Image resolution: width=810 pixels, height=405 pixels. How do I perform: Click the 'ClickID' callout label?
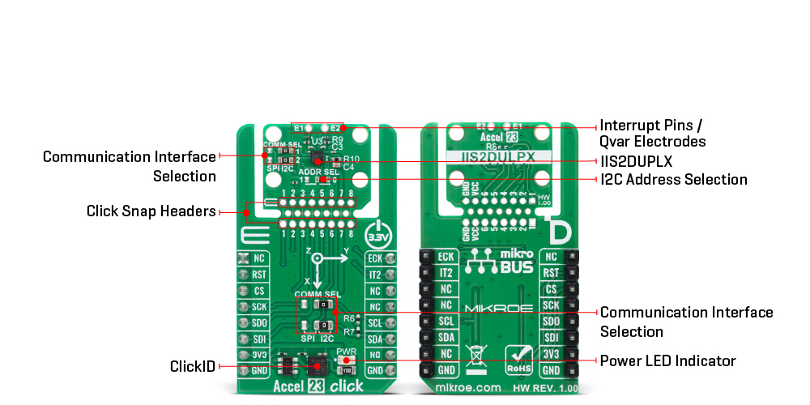[193, 366]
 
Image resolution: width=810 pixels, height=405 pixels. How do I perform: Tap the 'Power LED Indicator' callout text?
[667, 360]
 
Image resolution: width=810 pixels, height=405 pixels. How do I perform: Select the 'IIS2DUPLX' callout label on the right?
[636, 161]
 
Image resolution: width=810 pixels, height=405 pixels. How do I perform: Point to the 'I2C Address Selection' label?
[673, 179]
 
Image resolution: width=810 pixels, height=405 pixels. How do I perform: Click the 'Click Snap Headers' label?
[151, 212]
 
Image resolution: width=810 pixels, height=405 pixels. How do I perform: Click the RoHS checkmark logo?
[520, 357]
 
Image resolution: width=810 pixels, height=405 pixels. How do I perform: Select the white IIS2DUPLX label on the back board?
[498, 157]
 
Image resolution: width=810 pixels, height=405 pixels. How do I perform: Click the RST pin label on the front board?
[259, 274]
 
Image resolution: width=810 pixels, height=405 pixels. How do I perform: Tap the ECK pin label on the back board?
[446, 258]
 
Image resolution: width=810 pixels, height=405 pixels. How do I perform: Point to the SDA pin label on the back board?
[446, 338]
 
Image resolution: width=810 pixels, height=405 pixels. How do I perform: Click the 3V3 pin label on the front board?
[259, 355]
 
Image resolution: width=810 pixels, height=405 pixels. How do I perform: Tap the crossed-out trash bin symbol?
[476, 356]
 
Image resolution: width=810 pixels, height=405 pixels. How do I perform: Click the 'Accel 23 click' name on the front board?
[318, 386]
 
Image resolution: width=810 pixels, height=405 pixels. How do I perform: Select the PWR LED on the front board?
[346, 360]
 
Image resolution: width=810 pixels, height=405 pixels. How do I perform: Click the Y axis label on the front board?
[346, 250]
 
